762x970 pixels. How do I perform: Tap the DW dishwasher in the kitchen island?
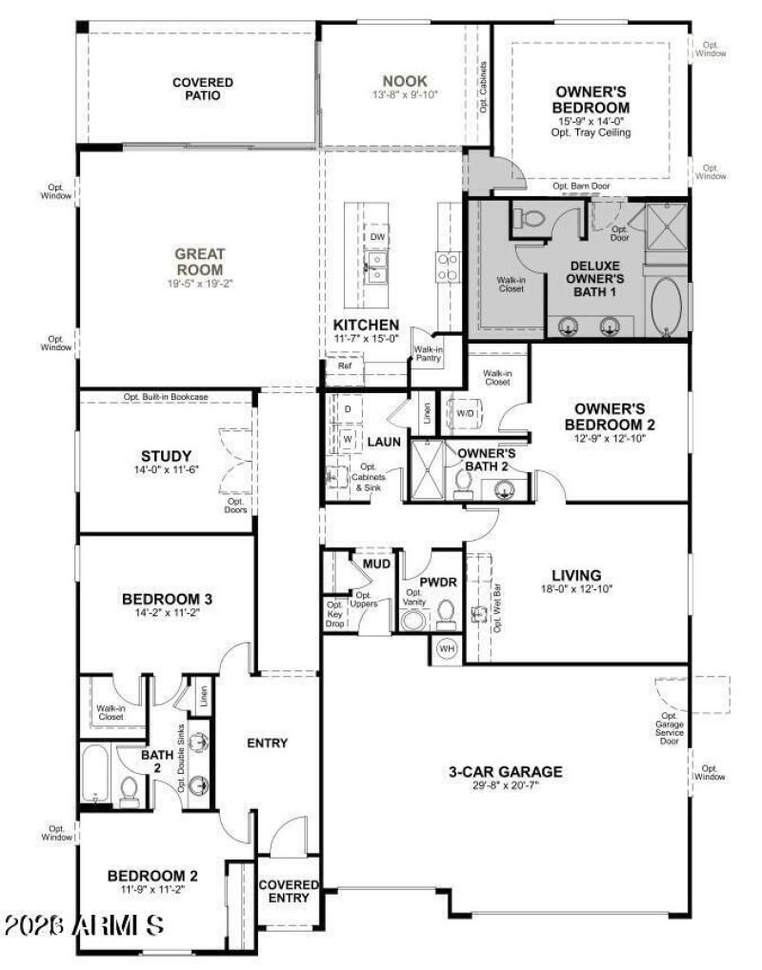378,237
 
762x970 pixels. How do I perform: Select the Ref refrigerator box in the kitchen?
344,365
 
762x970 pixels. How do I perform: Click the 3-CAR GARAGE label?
506,771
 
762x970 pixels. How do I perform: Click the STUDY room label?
166,455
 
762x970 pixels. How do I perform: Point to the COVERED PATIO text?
202,89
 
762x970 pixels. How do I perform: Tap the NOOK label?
405,81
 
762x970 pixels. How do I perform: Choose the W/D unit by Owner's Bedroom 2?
467,414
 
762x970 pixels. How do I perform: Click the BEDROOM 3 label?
167,599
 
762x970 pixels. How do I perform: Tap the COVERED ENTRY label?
289,891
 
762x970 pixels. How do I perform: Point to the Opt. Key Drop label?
335,615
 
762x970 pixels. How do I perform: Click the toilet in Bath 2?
130,791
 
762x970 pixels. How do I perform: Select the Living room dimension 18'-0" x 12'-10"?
576,589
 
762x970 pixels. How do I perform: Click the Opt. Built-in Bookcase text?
166,396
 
